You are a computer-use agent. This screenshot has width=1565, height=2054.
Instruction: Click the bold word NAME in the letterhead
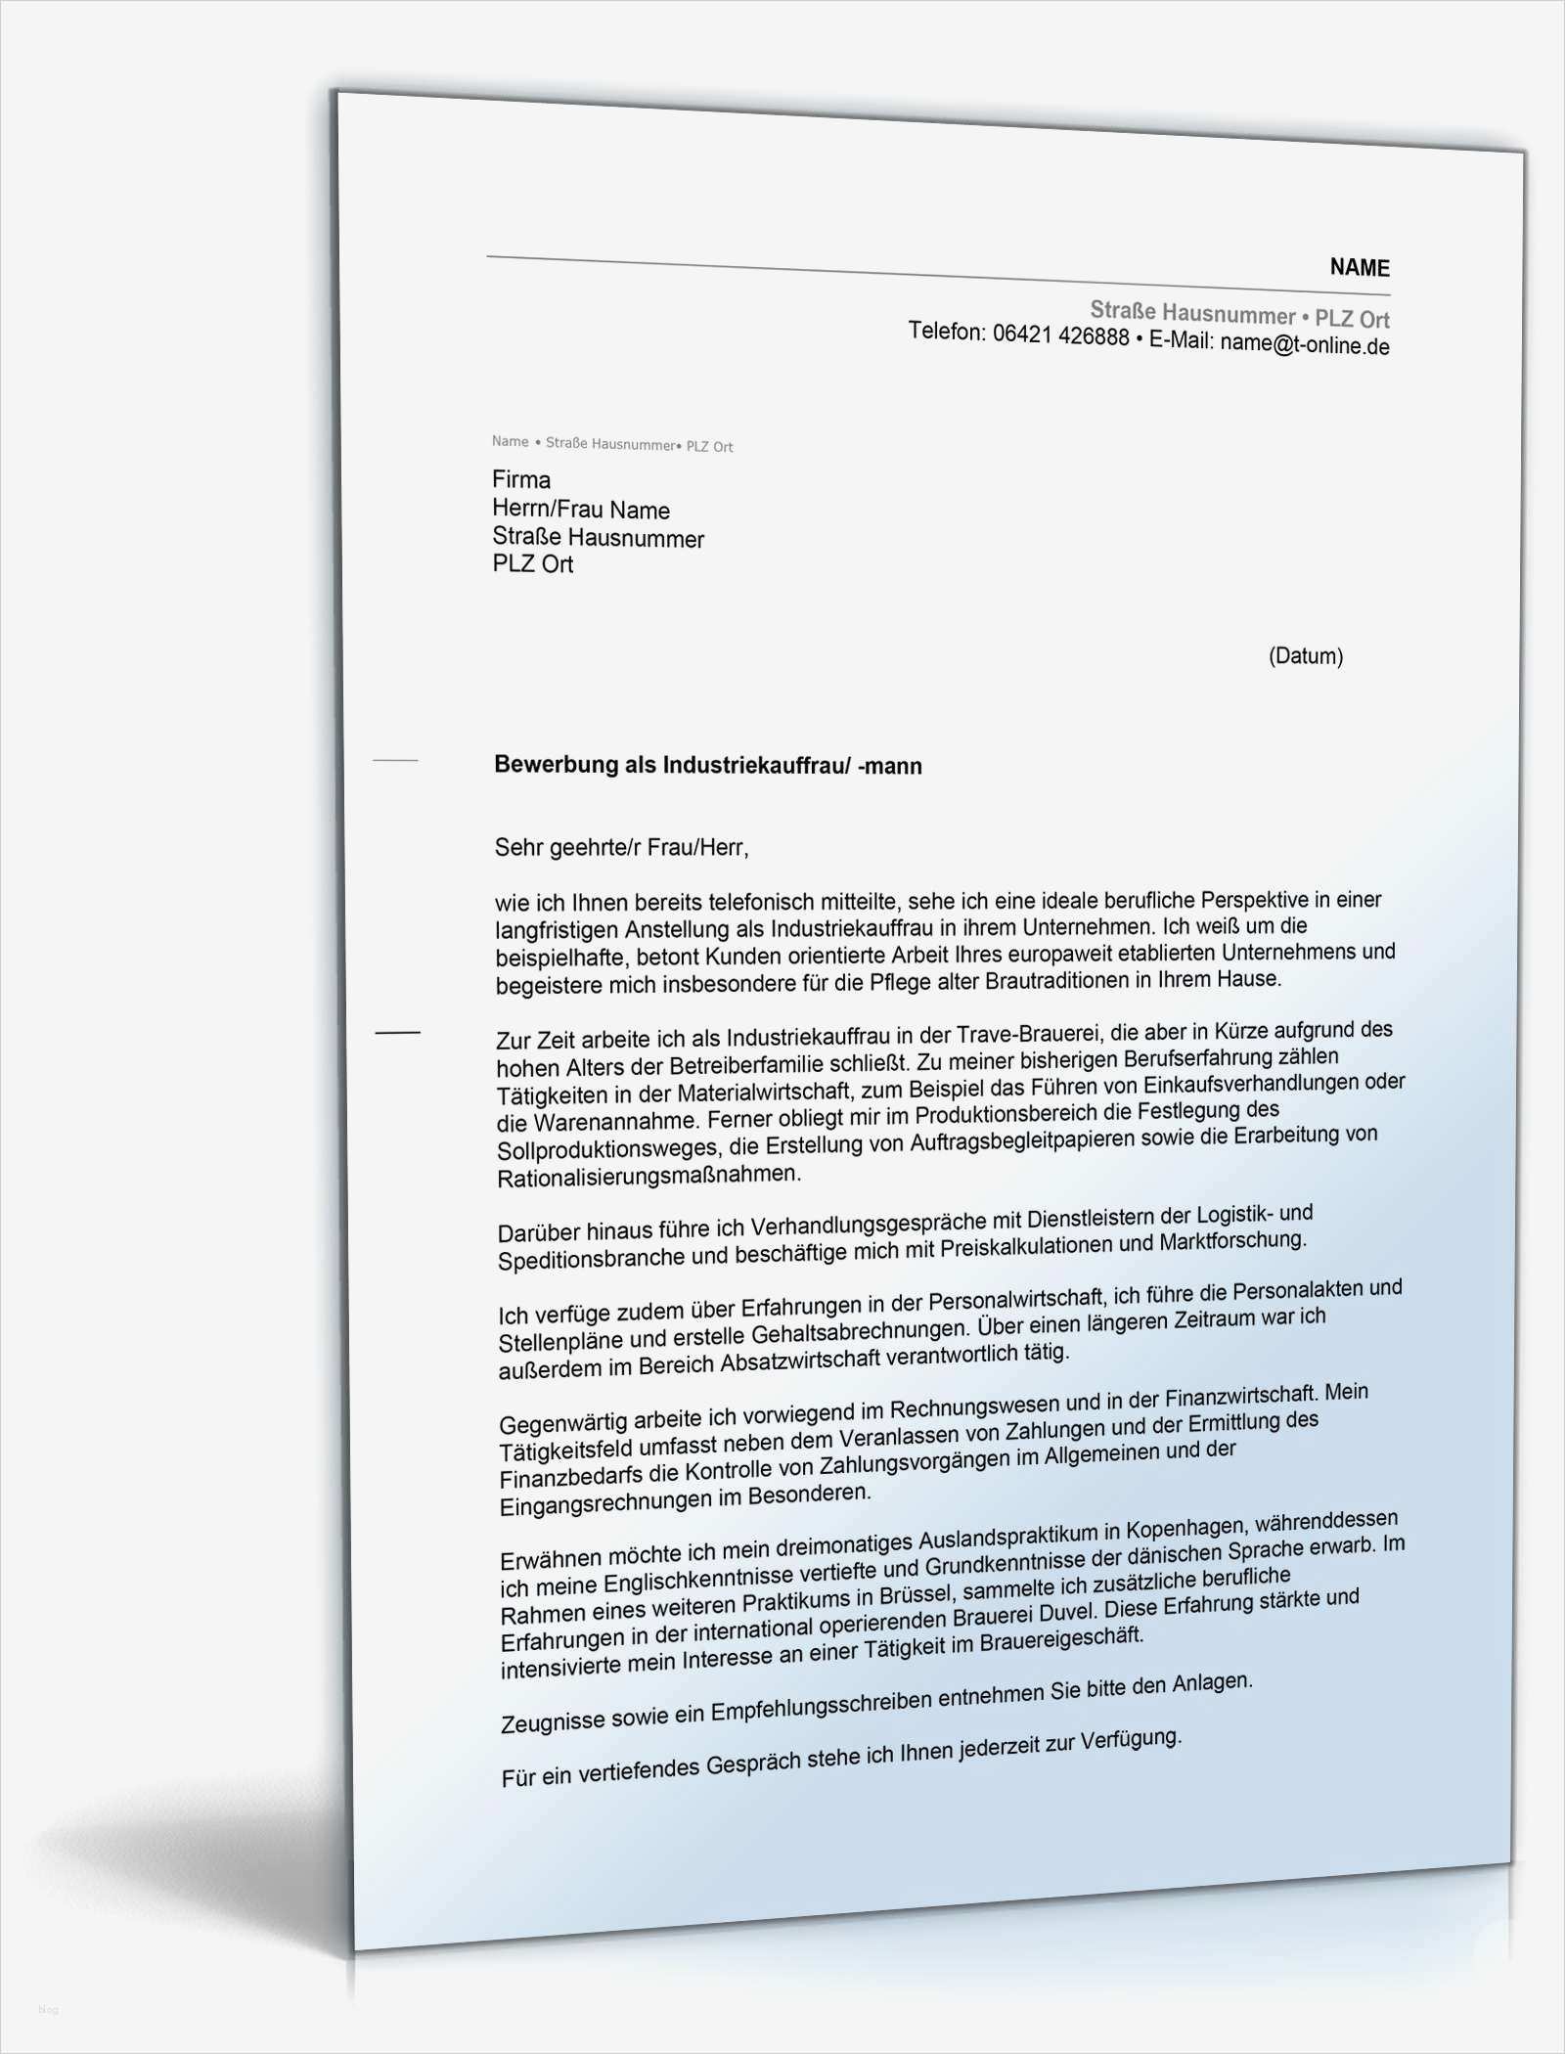tap(1359, 268)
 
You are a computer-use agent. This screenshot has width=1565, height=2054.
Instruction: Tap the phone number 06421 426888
tap(1060, 336)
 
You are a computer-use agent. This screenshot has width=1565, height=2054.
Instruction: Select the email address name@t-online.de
tap(1304, 344)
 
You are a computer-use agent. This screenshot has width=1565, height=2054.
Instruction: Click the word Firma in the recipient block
tap(521, 479)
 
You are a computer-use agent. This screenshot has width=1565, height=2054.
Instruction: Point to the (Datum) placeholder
tap(1305, 656)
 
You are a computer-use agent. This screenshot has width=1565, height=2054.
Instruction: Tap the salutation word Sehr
tap(517, 847)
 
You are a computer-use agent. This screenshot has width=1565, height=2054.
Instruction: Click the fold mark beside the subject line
tap(395, 760)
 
